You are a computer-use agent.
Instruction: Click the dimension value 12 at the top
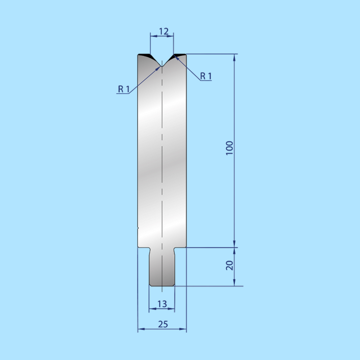(x=164, y=31)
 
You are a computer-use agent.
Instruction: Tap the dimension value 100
(x=229, y=148)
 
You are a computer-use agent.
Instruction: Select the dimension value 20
(x=229, y=265)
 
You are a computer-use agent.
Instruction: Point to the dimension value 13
(x=162, y=304)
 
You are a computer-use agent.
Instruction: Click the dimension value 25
(x=163, y=324)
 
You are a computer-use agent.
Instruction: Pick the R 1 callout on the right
(x=206, y=76)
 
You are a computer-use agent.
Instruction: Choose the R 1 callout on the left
(x=124, y=89)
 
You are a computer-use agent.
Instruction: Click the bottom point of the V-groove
(x=162, y=66)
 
